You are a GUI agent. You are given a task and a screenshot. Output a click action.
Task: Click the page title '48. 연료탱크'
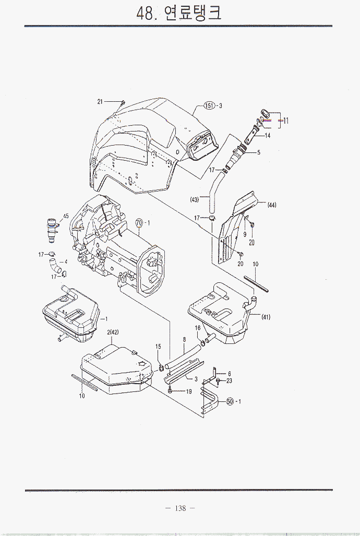pyautogui.click(x=179, y=13)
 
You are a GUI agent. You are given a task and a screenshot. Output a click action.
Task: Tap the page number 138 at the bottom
pyautogui.click(x=180, y=508)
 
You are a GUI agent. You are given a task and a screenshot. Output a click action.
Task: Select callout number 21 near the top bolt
pyautogui.click(x=100, y=102)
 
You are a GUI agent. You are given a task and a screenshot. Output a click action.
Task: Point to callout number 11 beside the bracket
pyautogui.click(x=285, y=121)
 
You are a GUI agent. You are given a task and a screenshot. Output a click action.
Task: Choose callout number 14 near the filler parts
pyautogui.click(x=267, y=136)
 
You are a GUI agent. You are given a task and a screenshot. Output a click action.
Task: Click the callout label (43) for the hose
pyautogui.click(x=195, y=199)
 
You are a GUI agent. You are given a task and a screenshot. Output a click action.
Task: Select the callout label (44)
pyautogui.click(x=271, y=205)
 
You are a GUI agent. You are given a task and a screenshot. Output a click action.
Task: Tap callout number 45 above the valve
pyautogui.click(x=66, y=216)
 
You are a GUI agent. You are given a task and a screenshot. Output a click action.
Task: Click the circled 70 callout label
pyautogui.click(x=139, y=223)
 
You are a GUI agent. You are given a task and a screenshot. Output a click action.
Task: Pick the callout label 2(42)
pyautogui.click(x=113, y=332)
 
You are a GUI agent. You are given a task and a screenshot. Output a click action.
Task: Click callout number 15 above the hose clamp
pyautogui.click(x=158, y=346)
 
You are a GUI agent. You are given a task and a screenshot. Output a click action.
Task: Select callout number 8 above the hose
pyautogui.click(x=184, y=340)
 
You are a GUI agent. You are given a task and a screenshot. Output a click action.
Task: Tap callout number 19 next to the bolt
pyautogui.click(x=189, y=391)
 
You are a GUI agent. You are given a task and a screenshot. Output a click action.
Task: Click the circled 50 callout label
pyautogui.click(x=229, y=401)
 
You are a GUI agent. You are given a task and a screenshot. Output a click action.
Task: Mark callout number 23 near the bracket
pyautogui.click(x=229, y=380)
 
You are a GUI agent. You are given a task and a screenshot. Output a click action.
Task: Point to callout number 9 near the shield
pyautogui.click(x=245, y=234)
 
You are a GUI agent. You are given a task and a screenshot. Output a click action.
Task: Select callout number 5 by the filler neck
pyautogui.click(x=258, y=152)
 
